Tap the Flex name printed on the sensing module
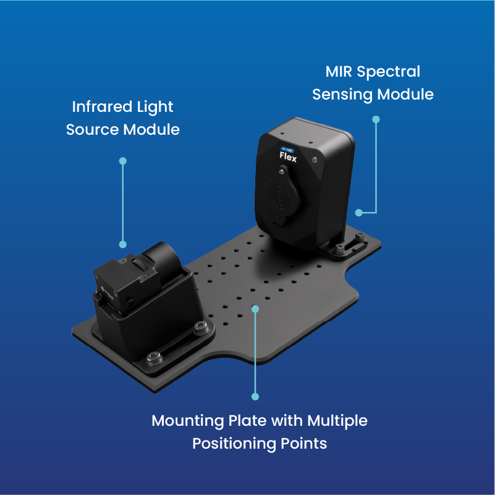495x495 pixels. coord(288,158)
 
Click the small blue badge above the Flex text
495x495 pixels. coord(288,150)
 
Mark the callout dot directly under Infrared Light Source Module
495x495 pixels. coord(123,161)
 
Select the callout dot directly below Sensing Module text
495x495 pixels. coord(376,119)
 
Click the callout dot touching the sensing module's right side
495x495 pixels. coord(358,212)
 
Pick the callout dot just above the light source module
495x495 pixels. coord(123,244)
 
